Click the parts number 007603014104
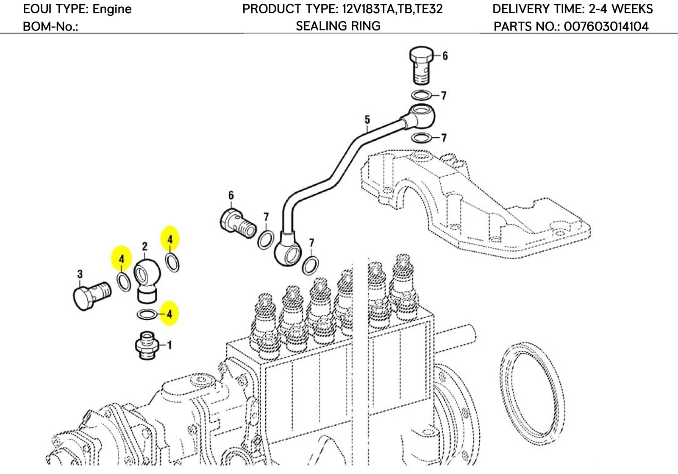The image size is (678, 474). pos(606,27)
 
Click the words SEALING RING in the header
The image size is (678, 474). pos(338,26)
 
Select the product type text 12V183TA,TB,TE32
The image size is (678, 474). pos(392,8)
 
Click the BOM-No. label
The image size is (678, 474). pos(50,27)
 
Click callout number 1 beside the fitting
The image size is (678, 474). pos(169,345)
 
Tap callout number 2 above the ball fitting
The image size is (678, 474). pos(144,246)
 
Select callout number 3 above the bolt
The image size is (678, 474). pos(80,275)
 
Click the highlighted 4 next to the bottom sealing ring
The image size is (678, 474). pos(169,314)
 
